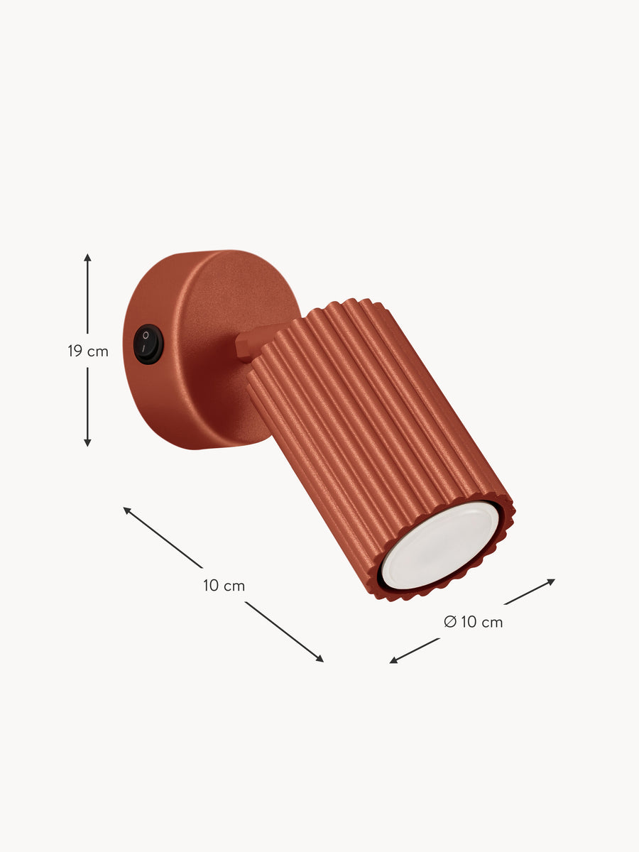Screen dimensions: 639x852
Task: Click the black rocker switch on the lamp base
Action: click(x=148, y=344)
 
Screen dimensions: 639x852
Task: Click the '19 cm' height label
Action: click(x=88, y=351)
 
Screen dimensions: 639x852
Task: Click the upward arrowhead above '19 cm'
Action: click(x=87, y=258)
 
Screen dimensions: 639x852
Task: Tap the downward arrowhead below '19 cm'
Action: click(x=87, y=442)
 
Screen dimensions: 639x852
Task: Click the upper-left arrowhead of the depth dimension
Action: click(x=127, y=510)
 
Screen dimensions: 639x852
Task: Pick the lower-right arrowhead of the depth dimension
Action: click(x=319, y=658)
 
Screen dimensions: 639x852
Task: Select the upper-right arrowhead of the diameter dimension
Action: click(x=551, y=581)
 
